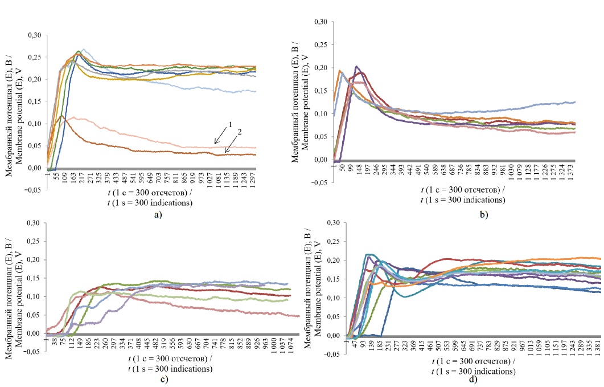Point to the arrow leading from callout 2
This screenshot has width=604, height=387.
[x=232, y=146]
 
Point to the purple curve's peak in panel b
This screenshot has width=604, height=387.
[x=357, y=67]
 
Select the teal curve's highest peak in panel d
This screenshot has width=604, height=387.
[x=369, y=254]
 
